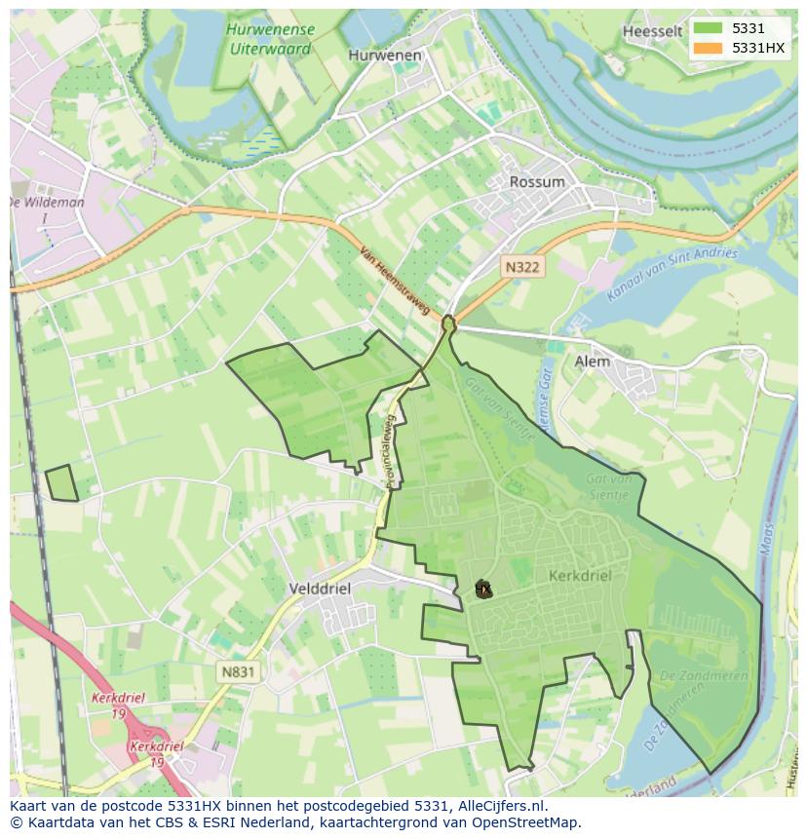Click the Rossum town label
coord(537,182)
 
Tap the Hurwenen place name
coord(385,56)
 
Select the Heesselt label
coord(652,31)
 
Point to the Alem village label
coord(592,362)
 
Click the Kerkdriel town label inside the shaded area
coord(580,576)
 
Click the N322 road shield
coord(522,265)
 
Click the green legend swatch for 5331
coord(709,28)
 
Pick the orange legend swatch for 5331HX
coord(709,48)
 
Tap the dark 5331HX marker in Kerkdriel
coord(482,589)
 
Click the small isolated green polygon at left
coord(61,483)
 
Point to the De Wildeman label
coord(46,203)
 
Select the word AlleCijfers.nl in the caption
coord(502,806)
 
